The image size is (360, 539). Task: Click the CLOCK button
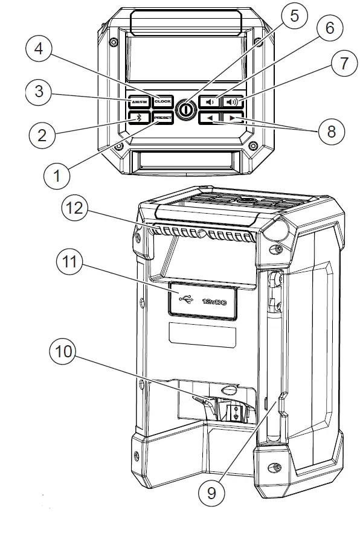pyautogui.click(x=163, y=102)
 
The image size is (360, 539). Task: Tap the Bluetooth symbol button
pyautogui.click(x=139, y=118)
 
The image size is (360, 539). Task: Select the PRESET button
pyautogui.click(x=163, y=118)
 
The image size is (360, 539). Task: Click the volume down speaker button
pyautogui.click(x=209, y=102)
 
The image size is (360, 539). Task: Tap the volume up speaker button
pyautogui.click(x=233, y=102)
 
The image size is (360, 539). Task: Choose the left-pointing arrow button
pyautogui.click(x=209, y=118)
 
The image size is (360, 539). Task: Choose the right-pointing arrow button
pyautogui.click(x=233, y=118)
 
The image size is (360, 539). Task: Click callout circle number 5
pyautogui.click(x=294, y=16)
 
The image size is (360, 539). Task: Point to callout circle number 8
pyautogui.click(x=330, y=132)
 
